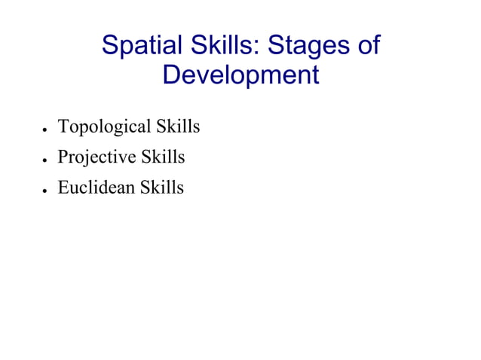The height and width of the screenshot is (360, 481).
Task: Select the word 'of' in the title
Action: tap(368, 46)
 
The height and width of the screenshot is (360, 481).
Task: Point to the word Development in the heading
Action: tap(240, 75)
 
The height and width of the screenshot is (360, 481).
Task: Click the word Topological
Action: tap(105, 127)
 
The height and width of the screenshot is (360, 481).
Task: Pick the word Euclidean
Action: tap(96, 188)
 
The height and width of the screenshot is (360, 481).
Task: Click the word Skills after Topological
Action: tap(178, 127)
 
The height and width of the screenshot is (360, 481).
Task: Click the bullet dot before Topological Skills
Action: tap(46, 130)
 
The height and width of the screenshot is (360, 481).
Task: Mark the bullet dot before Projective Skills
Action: tap(46, 160)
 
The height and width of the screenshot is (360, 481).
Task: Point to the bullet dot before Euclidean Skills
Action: tap(46, 190)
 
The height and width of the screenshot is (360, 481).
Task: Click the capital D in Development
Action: tap(173, 75)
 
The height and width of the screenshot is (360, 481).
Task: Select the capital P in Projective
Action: tap(63, 157)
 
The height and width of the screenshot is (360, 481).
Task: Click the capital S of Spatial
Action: tap(110, 46)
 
